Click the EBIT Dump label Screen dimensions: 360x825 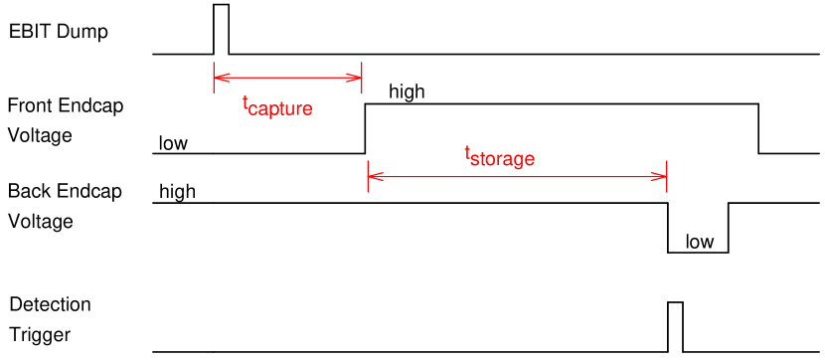[x=58, y=32]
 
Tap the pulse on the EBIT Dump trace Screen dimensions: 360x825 [x=221, y=29]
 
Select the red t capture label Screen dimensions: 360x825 [x=277, y=104]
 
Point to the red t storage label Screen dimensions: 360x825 [x=500, y=156]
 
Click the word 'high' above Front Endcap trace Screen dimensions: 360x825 [x=407, y=92]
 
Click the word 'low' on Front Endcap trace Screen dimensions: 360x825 [x=173, y=143]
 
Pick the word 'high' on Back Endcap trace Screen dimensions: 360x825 [x=177, y=192]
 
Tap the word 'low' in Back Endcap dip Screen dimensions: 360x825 [x=700, y=242]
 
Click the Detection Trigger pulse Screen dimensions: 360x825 [x=675, y=325]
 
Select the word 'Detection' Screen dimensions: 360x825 [x=50, y=304]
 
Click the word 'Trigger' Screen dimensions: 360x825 [x=40, y=334]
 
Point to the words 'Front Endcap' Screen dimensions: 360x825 [x=65, y=105]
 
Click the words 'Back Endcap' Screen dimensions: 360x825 [x=65, y=191]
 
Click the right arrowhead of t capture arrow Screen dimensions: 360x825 [x=357, y=77]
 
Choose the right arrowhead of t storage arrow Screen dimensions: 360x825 [x=662, y=177]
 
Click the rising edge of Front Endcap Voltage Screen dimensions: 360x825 [x=366, y=128]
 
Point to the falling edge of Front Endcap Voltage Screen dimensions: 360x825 [x=759, y=128]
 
